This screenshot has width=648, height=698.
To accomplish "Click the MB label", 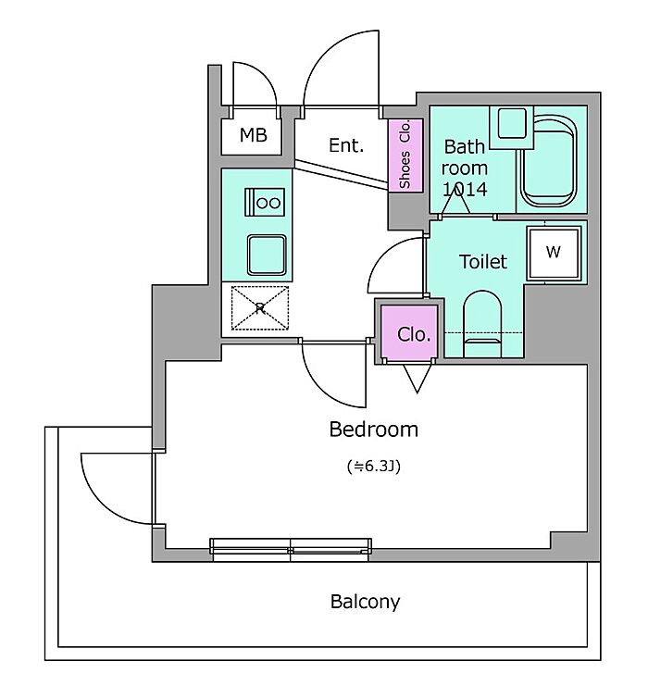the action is click(x=253, y=137).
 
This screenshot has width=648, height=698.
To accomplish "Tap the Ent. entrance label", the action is click(x=346, y=145).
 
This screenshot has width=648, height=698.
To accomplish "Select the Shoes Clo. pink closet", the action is click(x=405, y=156).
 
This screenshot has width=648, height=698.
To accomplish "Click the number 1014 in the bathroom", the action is click(x=465, y=189).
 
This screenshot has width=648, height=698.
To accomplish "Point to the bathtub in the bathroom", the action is click(x=552, y=160).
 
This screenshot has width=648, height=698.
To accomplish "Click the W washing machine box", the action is click(x=554, y=252).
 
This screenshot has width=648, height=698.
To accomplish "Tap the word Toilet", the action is click(x=483, y=262).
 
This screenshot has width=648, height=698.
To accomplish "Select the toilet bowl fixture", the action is click(x=480, y=319).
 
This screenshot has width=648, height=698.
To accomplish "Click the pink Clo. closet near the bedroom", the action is click(x=413, y=334).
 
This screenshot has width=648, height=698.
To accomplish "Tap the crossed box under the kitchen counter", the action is click(x=260, y=307).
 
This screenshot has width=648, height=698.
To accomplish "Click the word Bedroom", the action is click(x=374, y=430).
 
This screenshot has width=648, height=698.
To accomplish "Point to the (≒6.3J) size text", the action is click(x=373, y=467).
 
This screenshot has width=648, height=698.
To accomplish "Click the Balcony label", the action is click(x=366, y=602).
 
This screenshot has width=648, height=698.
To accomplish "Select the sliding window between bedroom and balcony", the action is click(x=291, y=549).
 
